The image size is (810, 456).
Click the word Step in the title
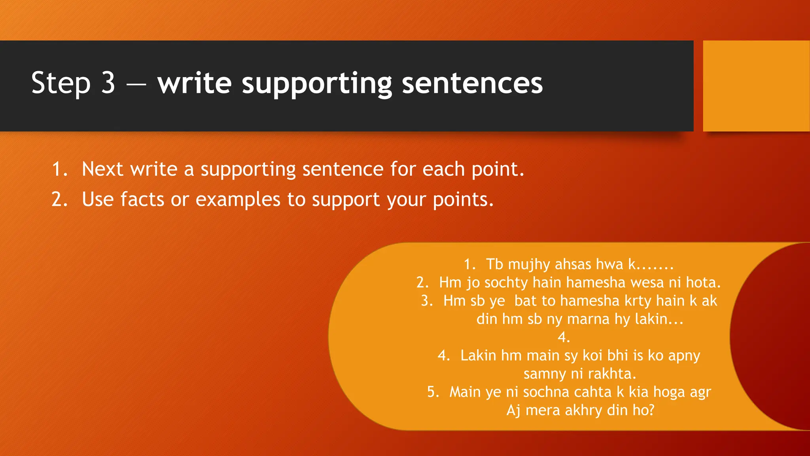coord(61,84)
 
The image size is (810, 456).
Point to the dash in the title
coord(136,84)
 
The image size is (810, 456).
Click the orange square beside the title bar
coord(756,86)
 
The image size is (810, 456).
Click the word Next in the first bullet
coord(102,169)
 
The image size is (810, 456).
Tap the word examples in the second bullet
coord(238,199)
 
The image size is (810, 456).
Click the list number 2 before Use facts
coord(59,199)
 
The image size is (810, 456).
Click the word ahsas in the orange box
coord(573,264)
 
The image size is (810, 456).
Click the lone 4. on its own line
coord(564,337)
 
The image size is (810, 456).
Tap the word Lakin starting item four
coord(478,355)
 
